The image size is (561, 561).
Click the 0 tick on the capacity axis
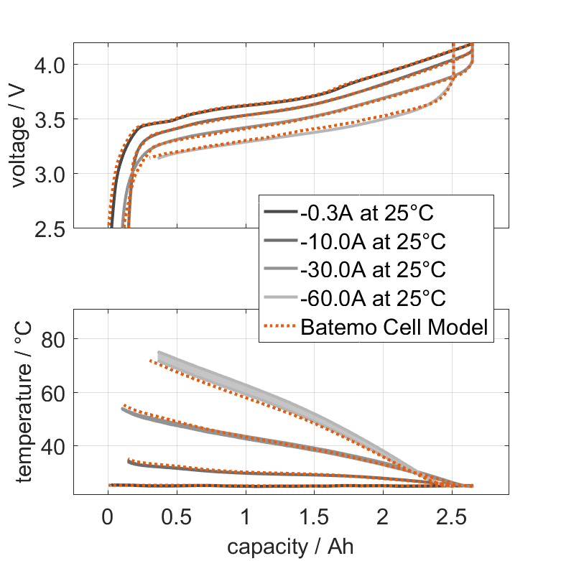(x=108, y=516)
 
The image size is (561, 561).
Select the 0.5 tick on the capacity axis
(x=177, y=516)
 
